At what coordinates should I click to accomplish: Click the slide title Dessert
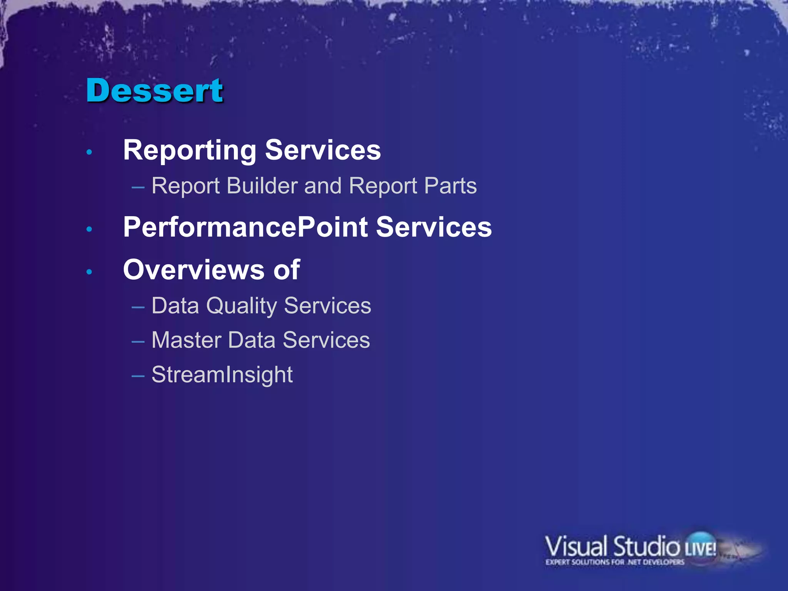point(154,90)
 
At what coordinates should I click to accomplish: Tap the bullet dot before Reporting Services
point(89,152)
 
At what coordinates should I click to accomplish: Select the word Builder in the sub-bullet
point(262,186)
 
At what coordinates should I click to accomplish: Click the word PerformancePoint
point(245,227)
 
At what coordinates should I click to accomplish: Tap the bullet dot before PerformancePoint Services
point(89,229)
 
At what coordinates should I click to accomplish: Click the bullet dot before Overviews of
point(89,272)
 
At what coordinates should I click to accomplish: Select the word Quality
point(241,306)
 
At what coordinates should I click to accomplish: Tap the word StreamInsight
point(222,375)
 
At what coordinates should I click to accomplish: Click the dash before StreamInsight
point(138,376)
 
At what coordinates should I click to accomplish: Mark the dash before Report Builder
point(138,187)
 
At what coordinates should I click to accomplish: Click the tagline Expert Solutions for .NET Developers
point(614,562)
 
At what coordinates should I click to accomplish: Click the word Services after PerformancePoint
point(434,227)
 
